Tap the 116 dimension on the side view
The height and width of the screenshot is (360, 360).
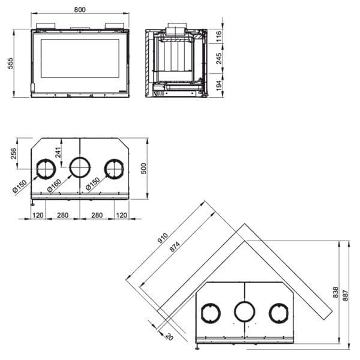point(219,37)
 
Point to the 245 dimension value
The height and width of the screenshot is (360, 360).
point(219,58)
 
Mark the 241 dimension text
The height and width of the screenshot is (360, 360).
point(59,152)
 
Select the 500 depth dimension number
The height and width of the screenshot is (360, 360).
point(143,168)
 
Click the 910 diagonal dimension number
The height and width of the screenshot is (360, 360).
point(162,238)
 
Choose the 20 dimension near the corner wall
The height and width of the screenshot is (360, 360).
point(167,336)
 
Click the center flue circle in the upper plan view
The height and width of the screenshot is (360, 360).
point(79,168)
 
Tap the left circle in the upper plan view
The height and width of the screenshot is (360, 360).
point(44,169)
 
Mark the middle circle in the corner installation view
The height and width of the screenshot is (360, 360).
point(244,311)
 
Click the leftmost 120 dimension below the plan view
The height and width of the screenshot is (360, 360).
point(38,214)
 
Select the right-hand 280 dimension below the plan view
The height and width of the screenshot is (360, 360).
point(96,214)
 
